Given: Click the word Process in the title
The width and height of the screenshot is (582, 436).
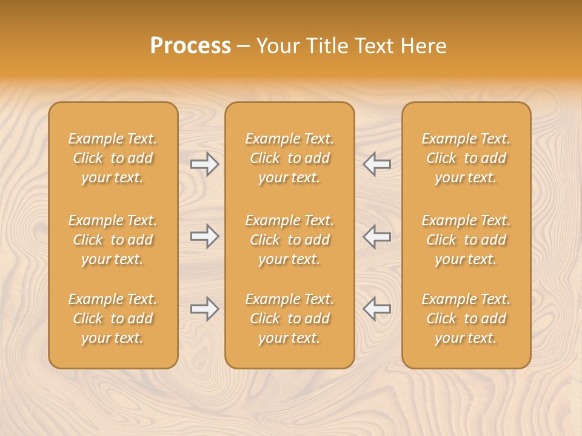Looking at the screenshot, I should coord(190,46).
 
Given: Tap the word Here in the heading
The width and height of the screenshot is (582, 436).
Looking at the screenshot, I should coord(423,46).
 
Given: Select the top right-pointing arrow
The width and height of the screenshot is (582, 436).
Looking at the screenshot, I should coord(205,164).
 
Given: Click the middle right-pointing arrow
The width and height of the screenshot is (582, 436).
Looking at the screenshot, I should coord(205,236).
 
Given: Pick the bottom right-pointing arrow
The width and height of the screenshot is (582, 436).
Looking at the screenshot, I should coord(205,309).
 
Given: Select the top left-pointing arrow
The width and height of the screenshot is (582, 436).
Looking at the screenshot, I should coord(376,164).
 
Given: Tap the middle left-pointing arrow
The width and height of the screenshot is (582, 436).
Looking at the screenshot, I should coord(376,236).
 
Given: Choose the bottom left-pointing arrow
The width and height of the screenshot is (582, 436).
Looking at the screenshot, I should coord(376,309).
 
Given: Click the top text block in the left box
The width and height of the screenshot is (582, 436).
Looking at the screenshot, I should coord(113,158).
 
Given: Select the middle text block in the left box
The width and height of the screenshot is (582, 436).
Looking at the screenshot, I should coord(113,240).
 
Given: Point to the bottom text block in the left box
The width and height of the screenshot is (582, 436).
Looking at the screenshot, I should coord(113,319).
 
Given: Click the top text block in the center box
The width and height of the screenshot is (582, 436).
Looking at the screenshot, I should coord(289,158).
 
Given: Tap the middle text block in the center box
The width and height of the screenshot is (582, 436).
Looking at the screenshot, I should coord(289,240).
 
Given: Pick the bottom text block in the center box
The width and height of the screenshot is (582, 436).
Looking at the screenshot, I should coord(289,319).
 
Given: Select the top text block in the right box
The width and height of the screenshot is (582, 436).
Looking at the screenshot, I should coord(466,158).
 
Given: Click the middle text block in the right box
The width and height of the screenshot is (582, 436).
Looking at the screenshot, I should coord(466,240).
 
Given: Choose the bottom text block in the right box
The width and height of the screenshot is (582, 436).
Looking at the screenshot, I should coord(466,319).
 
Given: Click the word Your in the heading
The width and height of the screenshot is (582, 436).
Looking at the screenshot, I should coord(276,46).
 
